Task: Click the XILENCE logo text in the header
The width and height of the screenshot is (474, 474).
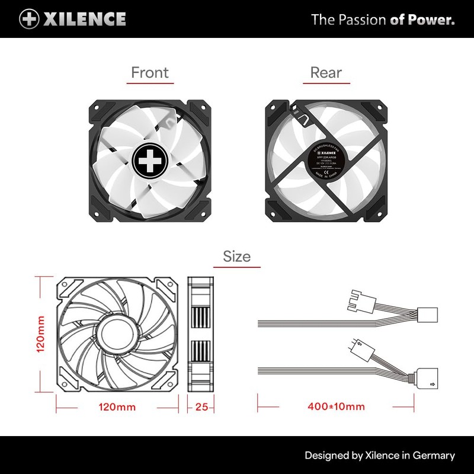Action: [84, 19]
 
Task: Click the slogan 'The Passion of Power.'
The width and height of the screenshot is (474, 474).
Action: [383, 20]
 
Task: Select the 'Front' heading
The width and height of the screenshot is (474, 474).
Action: [150, 72]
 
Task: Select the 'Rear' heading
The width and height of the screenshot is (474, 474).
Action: [326, 72]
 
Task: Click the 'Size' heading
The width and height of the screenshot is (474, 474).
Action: [236, 256]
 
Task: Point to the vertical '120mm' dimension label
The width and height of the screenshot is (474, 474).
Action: [41, 334]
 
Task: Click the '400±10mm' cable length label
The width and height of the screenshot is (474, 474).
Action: [337, 407]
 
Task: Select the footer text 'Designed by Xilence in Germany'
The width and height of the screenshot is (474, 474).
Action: [380, 456]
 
